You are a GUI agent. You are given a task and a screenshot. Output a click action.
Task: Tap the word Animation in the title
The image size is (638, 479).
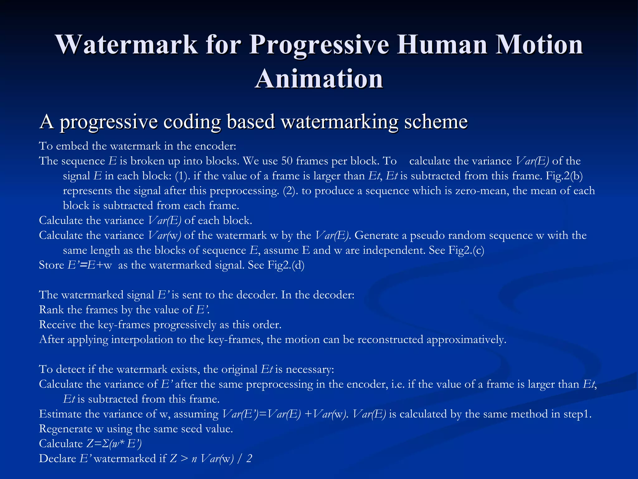click(319, 79)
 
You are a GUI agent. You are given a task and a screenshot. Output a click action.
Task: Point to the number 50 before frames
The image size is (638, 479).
click(287, 161)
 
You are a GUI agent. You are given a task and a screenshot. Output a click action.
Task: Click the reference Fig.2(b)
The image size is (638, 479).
click(564, 176)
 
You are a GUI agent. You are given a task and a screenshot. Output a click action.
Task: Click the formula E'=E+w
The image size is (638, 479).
click(90, 265)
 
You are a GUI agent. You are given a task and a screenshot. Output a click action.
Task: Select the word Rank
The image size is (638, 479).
click(51, 310)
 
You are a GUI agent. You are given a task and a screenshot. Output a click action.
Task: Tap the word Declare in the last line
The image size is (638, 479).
click(58, 459)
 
